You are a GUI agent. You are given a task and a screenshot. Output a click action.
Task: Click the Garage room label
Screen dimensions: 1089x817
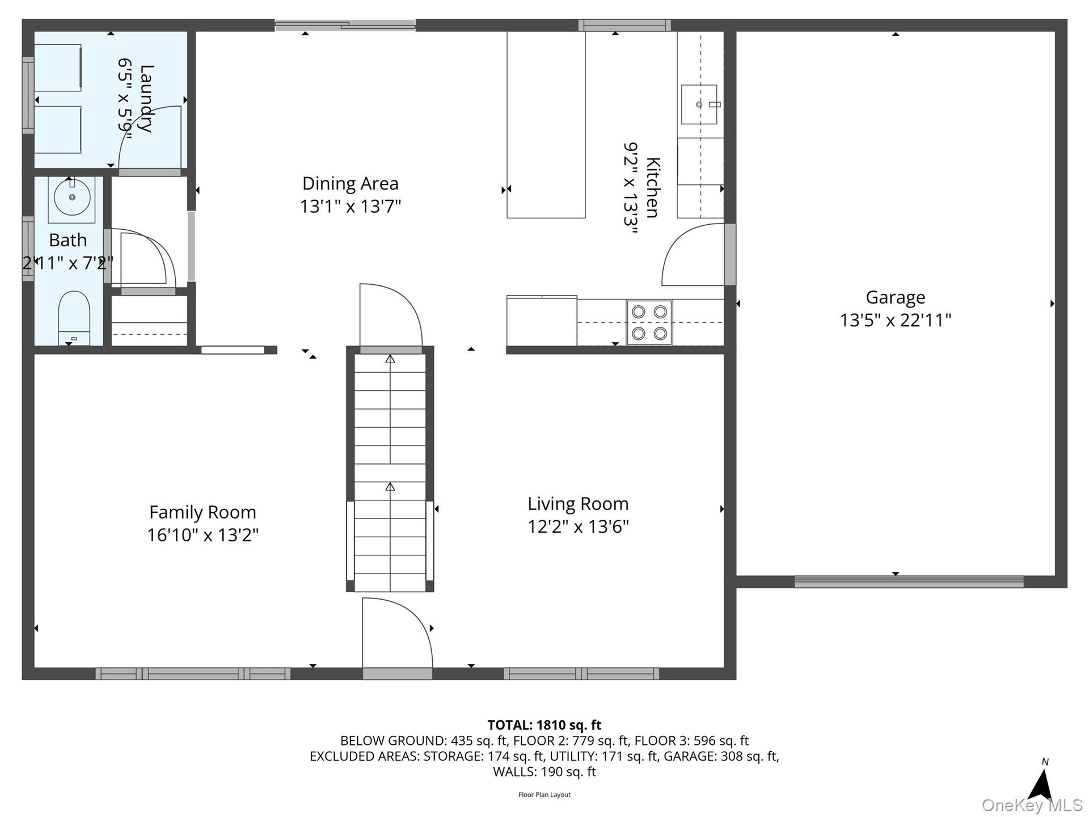[895, 297]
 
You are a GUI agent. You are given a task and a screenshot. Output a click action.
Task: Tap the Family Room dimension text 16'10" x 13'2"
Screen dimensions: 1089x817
[202, 535]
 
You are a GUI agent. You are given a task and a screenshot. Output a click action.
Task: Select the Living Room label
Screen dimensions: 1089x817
[578, 504]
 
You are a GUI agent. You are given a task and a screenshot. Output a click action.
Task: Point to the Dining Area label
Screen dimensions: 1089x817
[350, 183]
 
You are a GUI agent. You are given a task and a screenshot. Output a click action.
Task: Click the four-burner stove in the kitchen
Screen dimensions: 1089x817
[649, 322]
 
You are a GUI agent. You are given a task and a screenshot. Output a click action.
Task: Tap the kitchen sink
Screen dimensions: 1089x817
[699, 104]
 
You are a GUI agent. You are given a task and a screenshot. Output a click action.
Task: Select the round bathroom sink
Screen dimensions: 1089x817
[72, 197]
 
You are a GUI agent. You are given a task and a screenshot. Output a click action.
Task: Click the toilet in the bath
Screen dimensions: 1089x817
[74, 318]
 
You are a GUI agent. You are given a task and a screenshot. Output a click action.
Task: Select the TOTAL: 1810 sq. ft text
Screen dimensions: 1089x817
[544, 725]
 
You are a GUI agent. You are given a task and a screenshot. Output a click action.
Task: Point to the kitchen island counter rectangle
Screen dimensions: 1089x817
[546, 125]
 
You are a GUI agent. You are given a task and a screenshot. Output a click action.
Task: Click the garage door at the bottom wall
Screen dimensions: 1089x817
[909, 582]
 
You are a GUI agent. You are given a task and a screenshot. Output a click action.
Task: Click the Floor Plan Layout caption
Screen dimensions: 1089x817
[544, 795]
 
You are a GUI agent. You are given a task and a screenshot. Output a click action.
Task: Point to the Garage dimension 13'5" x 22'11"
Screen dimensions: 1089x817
[895, 320]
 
